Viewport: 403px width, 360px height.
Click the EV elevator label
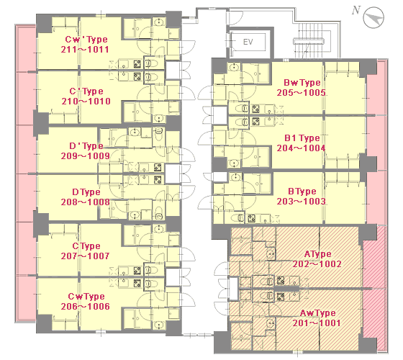[248, 42]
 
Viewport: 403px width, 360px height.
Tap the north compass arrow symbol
[373, 17]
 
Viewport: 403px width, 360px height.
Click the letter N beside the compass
[356, 10]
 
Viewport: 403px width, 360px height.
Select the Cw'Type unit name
[86, 40]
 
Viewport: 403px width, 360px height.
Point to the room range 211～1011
[85, 50]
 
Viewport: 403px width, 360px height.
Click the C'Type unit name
[86, 91]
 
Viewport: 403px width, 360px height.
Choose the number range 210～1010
[86, 102]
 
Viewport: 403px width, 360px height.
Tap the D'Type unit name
[86, 146]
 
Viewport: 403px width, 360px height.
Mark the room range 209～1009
[86, 156]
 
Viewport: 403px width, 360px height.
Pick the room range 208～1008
[86, 202]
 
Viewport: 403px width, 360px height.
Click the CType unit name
[86, 246]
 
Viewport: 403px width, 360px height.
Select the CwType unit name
[86, 297]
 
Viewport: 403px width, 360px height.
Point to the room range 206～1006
[86, 307]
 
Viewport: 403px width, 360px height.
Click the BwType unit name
[302, 83]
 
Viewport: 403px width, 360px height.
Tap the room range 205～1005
[302, 93]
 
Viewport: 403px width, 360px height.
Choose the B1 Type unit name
[302, 138]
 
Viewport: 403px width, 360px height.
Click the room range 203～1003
[302, 201]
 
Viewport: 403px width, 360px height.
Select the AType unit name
[317, 254]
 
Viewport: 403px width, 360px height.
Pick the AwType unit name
[317, 313]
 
